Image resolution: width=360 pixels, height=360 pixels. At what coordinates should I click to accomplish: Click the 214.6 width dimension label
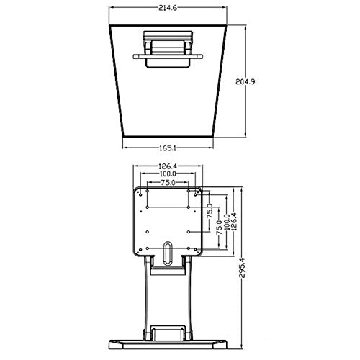[168, 8]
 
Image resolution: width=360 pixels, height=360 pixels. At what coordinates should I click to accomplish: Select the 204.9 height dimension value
[245, 81]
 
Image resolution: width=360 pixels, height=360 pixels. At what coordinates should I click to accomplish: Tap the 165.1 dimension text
[168, 148]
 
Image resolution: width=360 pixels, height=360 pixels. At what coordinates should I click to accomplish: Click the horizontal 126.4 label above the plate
[168, 166]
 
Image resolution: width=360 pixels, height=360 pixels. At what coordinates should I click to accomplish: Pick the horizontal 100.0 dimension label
[168, 174]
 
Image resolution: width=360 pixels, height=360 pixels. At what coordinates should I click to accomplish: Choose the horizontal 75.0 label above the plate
[168, 183]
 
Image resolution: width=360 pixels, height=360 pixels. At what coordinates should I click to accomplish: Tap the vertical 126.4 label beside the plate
[234, 222]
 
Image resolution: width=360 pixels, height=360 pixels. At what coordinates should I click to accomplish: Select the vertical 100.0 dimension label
[227, 222]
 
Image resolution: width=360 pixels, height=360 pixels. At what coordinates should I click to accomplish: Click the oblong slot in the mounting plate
[168, 253]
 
